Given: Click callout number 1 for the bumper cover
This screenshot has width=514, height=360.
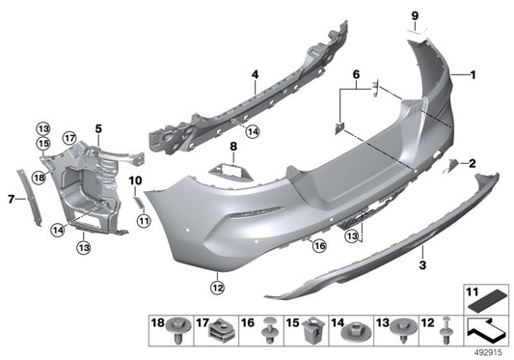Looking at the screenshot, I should (473, 74).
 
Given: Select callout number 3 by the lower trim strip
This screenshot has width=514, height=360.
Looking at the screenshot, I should (421, 263).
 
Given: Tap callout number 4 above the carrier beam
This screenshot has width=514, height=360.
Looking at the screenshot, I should (255, 74).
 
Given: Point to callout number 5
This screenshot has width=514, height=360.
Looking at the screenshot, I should (97, 128).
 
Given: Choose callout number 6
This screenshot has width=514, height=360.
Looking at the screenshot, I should (355, 74).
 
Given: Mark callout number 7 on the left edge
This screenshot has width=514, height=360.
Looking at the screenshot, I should (11, 200).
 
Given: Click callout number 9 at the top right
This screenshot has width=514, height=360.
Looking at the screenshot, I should (416, 15).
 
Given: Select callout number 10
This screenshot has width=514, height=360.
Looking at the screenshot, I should (134, 180).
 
